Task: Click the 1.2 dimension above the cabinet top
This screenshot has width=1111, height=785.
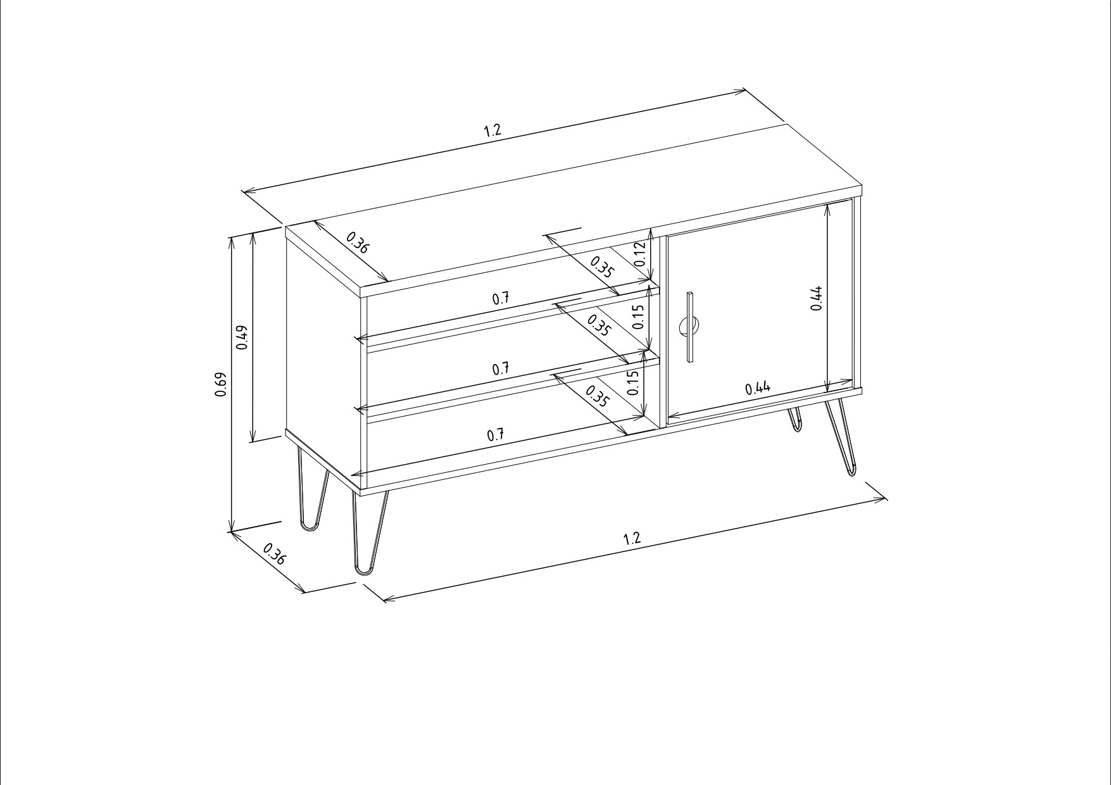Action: coord(493,130)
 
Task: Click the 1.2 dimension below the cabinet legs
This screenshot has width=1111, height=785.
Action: coord(632,538)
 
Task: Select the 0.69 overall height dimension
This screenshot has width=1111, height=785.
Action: coord(221,384)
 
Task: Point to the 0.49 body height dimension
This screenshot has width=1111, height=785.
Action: coord(242,337)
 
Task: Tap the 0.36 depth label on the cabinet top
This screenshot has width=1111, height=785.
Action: coord(358,243)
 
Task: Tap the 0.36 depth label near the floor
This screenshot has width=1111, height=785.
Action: coord(274,553)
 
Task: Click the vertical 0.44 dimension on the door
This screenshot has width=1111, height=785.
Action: coord(817,298)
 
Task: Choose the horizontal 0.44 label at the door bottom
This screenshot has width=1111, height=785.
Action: coord(758,388)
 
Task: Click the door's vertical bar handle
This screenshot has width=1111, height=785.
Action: coord(690,327)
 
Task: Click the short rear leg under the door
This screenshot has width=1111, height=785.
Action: coord(794,420)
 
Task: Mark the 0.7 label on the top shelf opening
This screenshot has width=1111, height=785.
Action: coord(501,299)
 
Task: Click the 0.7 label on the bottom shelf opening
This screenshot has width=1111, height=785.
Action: coord(496,435)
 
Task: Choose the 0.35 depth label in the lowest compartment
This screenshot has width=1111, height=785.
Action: coord(598,397)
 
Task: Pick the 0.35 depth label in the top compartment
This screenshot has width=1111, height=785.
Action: coord(602,267)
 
